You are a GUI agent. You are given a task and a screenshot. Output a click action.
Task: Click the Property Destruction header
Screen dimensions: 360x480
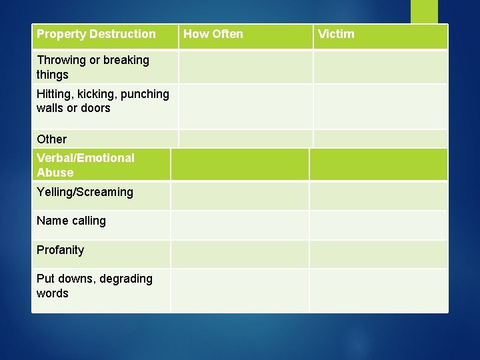pyautogui.click(x=96, y=34)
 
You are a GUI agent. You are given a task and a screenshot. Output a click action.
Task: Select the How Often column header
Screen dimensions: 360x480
pyautogui.click(x=213, y=34)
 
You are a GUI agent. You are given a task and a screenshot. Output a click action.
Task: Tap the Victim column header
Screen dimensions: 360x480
pyautogui.click(x=336, y=34)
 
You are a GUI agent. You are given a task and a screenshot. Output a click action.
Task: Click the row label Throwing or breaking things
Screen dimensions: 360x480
pyautogui.click(x=93, y=67)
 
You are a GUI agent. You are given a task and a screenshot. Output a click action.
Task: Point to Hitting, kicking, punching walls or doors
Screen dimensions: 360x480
pyautogui.click(x=103, y=101)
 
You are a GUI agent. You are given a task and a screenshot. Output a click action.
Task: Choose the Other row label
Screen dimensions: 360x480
pyautogui.click(x=52, y=139)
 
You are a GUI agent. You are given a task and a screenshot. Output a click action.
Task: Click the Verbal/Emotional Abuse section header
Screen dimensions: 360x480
pyautogui.click(x=85, y=165)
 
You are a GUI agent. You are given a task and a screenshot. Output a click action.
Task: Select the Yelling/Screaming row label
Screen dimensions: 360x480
pyautogui.click(x=85, y=192)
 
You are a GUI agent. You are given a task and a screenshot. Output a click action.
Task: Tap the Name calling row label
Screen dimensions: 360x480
pyautogui.click(x=71, y=221)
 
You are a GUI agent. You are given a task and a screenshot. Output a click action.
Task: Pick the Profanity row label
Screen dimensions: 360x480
pyautogui.click(x=61, y=250)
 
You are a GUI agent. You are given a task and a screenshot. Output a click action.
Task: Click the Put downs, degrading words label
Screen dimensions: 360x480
pyautogui.click(x=94, y=286)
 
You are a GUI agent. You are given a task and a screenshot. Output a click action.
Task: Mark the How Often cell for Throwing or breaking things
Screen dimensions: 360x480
pyautogui.click(x=245, y=67)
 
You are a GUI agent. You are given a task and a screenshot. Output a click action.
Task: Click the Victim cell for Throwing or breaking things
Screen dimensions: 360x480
pyautogui.click(x=380, y=67)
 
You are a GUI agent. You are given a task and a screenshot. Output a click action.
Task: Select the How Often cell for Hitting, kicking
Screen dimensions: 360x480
pyautogui.click(x=245, y=106)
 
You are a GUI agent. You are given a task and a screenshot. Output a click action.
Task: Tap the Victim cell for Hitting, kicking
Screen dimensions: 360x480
pyautogui.click(x=380, y=106)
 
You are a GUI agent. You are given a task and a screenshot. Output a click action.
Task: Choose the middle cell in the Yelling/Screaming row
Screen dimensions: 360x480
pyautogui.click(x=240, y=196)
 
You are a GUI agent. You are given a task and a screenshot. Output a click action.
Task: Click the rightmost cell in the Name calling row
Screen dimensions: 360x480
pyautogui.click(x=378, y=225)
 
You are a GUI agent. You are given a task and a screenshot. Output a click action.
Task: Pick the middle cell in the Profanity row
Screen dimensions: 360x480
pyautogui.click(x=240, y=254)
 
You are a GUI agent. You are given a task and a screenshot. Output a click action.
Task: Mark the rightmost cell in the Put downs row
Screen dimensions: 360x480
pyautogui.click(x=378, y=290)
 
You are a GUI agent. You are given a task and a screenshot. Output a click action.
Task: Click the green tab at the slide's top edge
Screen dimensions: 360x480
pyautogui.click(x=424, y=11)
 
